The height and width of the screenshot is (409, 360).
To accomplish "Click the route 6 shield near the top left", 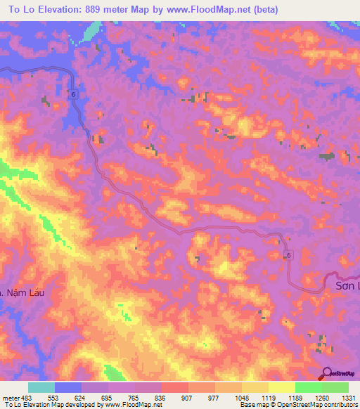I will coord(72,93).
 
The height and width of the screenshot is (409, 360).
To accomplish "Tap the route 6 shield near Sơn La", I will coord(288,256).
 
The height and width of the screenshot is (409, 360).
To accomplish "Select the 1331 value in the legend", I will coord(349,398).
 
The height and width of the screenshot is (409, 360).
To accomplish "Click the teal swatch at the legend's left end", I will coord(41,387).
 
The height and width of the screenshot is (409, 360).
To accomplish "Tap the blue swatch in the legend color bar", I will coord(67,387).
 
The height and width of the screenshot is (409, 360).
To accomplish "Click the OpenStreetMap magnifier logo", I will coord(326,373).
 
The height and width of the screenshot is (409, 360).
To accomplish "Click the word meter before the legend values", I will coord(11,398).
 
